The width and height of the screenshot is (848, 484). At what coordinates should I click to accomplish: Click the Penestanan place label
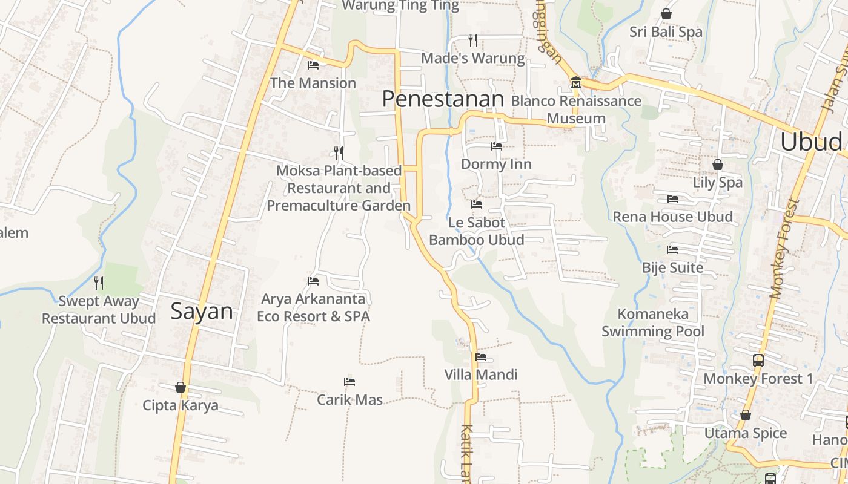coord(443,99)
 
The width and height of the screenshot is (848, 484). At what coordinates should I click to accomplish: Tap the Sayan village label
coord(201,311)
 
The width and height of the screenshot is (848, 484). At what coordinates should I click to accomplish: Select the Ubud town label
coord(810,142)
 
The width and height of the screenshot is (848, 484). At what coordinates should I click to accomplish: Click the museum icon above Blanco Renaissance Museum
coord(575,82)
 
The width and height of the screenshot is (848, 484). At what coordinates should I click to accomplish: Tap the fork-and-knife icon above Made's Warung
coord(473,41)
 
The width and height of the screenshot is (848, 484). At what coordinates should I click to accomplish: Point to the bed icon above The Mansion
coord(313,65)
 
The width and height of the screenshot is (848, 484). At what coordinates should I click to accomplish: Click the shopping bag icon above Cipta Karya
coord(181,387)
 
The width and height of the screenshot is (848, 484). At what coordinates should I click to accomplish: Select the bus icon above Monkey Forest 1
coord(758,361)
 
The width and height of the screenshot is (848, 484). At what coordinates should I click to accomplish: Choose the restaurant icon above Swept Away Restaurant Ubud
coord(99,283)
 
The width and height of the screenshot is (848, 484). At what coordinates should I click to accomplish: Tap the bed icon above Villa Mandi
coord(481,357)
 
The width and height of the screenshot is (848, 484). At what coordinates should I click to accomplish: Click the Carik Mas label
coord(350,400)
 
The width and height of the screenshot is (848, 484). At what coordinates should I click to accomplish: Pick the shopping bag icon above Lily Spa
coord(717,165)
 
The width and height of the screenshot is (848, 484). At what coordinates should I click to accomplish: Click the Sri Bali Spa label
coord(666,31)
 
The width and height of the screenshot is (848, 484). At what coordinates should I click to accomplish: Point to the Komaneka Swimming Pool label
coord(653,322)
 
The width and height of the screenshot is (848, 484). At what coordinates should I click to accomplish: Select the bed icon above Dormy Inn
coord(496,146)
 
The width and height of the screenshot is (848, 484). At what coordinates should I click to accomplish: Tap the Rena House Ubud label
coord(672,217)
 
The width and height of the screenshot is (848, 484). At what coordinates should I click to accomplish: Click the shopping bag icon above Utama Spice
coord(745,415)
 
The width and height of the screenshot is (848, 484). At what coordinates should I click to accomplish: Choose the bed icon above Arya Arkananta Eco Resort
coord(313,281)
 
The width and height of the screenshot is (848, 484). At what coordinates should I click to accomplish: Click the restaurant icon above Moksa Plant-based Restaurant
coord(339,152)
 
